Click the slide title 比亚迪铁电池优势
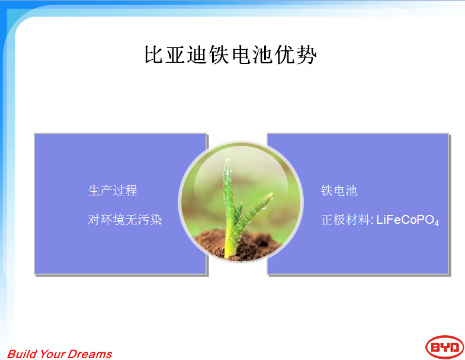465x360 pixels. coord(230,54)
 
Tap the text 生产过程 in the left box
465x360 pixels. coord(113,191)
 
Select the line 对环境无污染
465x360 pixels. coord(125,220)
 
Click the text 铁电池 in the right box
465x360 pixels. coord(339,191)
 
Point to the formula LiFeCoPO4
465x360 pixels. coord(408,220)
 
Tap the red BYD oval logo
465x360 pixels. coord(444,347)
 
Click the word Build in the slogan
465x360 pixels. coord(21,353)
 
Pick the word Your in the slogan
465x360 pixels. coord(52,353)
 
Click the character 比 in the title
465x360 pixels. coord(153,54)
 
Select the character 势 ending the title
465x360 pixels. coord(307,54)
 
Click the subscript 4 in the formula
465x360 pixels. coord(436,224)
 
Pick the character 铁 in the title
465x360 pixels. coord(219,54)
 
